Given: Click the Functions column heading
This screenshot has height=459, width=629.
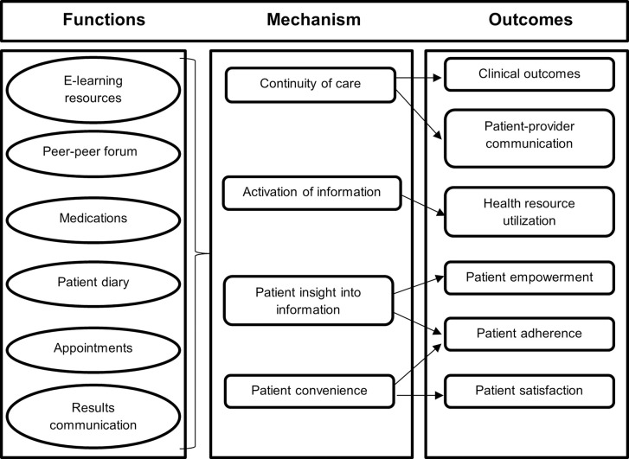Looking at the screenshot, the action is pos(104,20).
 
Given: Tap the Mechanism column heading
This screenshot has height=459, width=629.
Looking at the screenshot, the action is pos(314,20).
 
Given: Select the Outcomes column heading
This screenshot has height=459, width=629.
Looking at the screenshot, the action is pos(530,20).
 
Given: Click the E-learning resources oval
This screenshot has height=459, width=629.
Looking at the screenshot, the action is pos(93,90).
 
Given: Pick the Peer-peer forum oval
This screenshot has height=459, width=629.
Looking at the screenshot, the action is pos(93,154).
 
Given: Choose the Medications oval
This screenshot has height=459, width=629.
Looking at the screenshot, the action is pos(93,220).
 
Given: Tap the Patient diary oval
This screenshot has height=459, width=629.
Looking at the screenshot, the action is pos(93,284).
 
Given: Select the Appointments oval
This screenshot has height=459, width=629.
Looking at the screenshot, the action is pos(93,349).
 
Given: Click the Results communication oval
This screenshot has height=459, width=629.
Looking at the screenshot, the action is pos(93,416).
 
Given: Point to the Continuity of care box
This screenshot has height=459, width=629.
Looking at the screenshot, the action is pos(311,85).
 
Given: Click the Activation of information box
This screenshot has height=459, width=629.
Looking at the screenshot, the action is pos(311,194).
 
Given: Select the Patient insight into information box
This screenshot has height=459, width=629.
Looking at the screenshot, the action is pos(308,300).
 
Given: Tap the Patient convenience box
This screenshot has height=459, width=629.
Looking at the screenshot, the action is pos(309,392).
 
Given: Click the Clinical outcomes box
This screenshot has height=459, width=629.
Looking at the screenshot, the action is pos(530,74).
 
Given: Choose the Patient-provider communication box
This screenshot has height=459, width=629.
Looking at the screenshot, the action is pos(530,138).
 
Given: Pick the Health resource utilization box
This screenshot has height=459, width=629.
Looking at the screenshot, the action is pos(530,212).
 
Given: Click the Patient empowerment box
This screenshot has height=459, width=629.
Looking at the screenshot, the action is pos(530,277).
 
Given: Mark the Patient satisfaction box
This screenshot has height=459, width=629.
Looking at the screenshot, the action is pos(530,392).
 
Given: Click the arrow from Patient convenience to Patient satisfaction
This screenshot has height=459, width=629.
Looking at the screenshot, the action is pos(420,396).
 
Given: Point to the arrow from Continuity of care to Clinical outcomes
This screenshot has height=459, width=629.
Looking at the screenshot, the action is pos(419,78).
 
